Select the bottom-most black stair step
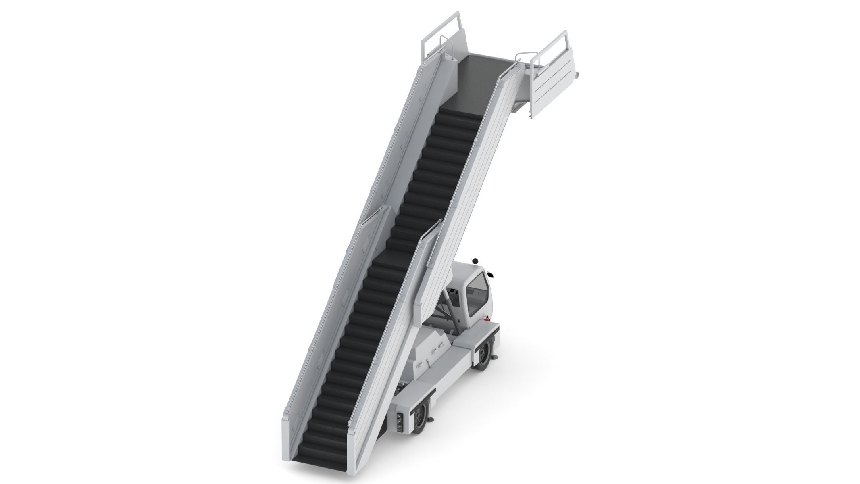[x=321, y=447]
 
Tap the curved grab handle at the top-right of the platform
[x=524, y=54]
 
